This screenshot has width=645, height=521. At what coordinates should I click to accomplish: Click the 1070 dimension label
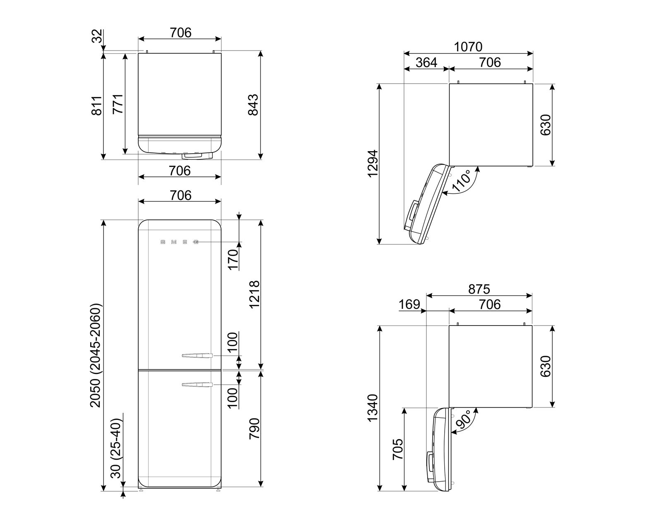468,47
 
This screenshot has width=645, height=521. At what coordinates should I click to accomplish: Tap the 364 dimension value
426,63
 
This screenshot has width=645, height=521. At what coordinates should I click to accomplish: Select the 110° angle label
462,181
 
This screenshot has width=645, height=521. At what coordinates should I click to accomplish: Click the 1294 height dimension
373,164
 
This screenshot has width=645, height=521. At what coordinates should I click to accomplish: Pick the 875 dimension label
479,289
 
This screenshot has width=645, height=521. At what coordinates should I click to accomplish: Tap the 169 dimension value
409,304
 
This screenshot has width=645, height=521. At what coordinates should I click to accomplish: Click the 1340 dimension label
373,408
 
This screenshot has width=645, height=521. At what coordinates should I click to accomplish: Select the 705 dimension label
397,449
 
